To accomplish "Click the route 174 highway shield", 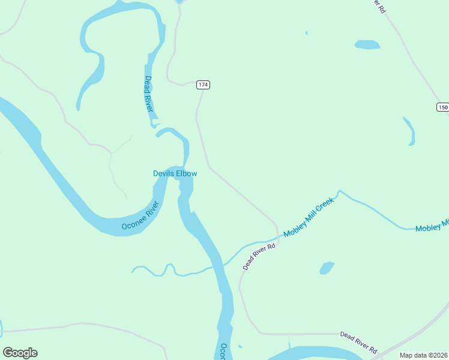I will click(x=203, y=85).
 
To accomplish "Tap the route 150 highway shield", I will click(x=442, y=107).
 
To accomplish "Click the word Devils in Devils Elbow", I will click(x=164, y=173).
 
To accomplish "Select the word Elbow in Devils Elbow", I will click(x=187, y=173).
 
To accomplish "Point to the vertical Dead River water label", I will click(x=149, y=94).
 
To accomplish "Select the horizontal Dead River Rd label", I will click(x=358, y=342).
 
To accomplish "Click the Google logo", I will click(x=20, y=353).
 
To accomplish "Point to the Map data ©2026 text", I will click(x=423, y=355).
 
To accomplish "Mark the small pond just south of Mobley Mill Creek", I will click(x=327, y=268).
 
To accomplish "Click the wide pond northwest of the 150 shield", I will click(x=367, y=44).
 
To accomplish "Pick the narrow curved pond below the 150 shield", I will click(x=410, y=131).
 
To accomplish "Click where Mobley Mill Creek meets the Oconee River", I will click(x=221, y=263).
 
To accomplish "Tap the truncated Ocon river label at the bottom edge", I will click(x=222, y=351).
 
